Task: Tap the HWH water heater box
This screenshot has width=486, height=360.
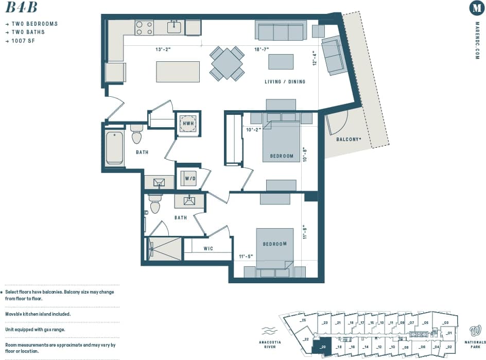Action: tap(188, 124)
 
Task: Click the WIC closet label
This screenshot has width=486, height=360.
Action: tap(209, 249)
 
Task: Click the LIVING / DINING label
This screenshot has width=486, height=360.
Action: tap(285, 82)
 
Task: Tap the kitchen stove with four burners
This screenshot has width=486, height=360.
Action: tap(144, 28)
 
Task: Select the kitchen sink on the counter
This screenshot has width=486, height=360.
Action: tap(174, 27)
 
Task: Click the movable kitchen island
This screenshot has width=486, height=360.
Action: tap(178, 72)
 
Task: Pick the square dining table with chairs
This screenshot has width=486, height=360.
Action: tap(227, 63)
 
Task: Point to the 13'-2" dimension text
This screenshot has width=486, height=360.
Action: tap(163, 50)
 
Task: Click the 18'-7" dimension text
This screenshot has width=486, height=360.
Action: tap(262, 50)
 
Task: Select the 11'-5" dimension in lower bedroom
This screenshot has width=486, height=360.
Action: tap(246, 256)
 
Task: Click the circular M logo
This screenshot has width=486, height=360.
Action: tap(477, 8)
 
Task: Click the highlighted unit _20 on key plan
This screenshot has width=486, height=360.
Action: tap(323, 347)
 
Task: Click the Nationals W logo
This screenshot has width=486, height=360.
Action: tap(475, 330)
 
